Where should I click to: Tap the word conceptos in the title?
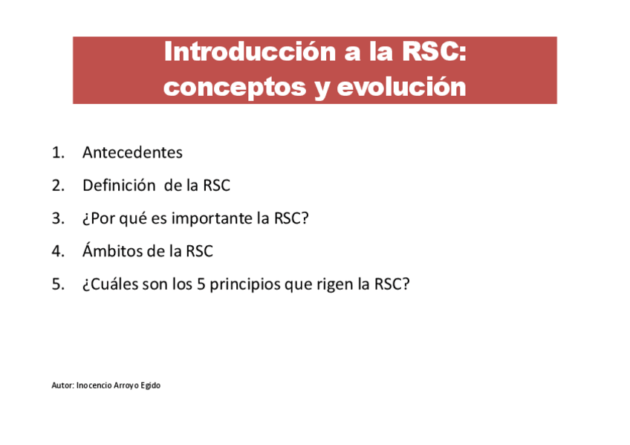(x=235, y=87)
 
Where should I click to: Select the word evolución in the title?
(x=401, y=86)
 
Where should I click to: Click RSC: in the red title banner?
(x=435, y=51)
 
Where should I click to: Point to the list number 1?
(x=58, y=152)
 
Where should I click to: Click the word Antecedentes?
(x=132, y=152)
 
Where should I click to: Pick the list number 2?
(x=58, y=186)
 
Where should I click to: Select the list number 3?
(x=58, y=218)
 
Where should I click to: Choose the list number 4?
(x=58, y=251)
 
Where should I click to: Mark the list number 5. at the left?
(x=58, y=285)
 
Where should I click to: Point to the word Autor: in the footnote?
(x=62, y=385)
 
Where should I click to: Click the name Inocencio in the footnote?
(x=94, y=385)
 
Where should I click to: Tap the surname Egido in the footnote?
(x=150, y=386)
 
